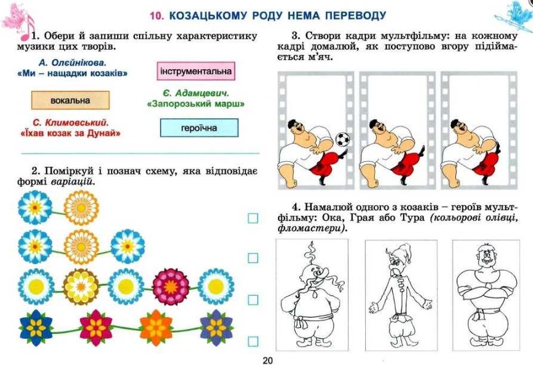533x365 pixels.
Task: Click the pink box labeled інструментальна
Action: click(196, 71)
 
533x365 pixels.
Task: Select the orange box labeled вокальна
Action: click(70, 100)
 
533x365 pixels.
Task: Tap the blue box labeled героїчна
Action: click(199, 128)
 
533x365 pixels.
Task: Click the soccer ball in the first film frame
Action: click(343, 139)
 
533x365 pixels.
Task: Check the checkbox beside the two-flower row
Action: click(253, 218)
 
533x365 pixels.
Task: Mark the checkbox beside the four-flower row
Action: click(253, 341)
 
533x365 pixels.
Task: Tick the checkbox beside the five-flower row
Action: click(253, 300)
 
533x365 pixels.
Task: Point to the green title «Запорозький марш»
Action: click(195, 104)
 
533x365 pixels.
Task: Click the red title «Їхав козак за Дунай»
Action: click(70, 133)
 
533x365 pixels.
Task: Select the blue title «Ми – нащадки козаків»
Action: click(72, 73)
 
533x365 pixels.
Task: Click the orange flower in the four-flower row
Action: click(156, 327)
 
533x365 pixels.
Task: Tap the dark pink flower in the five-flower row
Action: click(171, 287)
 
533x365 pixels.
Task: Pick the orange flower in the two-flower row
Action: click(81, 208)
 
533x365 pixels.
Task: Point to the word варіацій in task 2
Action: click(72, 182)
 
